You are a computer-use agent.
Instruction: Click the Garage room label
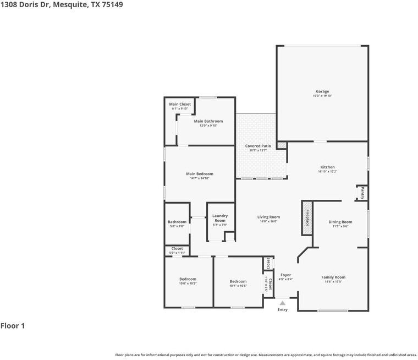[322, 91]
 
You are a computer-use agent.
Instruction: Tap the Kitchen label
[328, 167]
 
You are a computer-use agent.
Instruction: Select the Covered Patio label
[258, 146]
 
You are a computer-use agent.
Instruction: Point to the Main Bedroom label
[199, 174]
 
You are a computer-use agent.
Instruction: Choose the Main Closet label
[180, 104]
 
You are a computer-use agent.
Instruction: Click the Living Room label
[268, 217]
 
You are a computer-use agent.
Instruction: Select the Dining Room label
[340, 222]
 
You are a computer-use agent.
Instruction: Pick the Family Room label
[333, 277]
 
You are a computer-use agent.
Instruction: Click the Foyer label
[285, 275]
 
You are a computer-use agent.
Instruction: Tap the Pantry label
[362, 193]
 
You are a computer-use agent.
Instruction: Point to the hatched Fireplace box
[307, 214]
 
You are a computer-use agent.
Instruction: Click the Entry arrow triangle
[282, 303]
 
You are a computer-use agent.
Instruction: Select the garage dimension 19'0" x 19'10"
[322, 96]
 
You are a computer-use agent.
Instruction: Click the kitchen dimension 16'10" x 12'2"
[328, 172]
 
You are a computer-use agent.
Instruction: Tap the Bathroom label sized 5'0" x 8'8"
[177, 222]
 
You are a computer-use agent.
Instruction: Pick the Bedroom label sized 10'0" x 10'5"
[188, 279]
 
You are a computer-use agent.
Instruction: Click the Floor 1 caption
[13, 326]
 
